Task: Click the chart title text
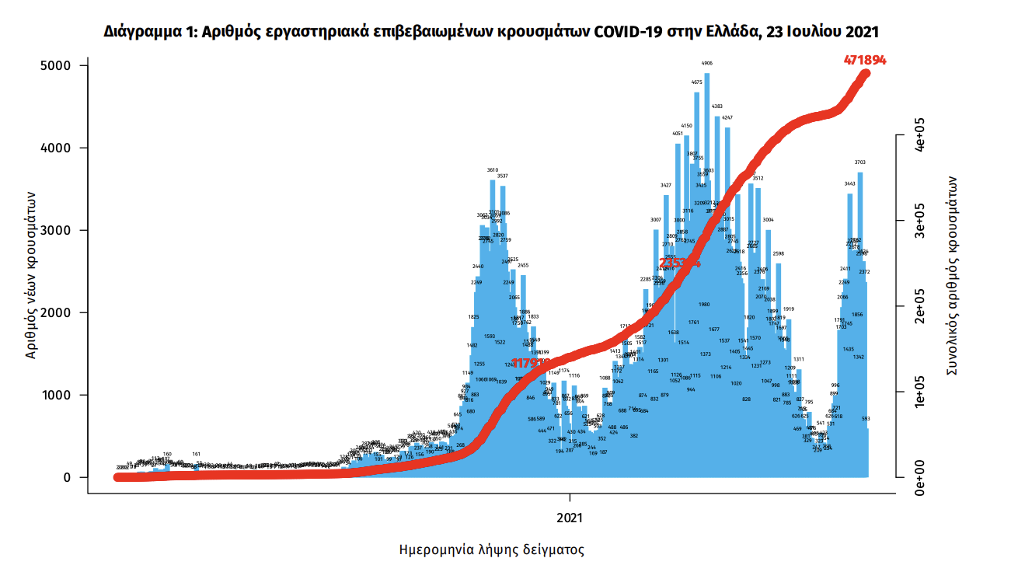(491, 32)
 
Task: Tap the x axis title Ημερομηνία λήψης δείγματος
(491, 550)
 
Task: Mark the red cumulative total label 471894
(865, 60)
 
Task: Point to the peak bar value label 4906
(707, 64)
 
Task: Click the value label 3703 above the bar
(860, 162)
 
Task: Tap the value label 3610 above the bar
(493, 169)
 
